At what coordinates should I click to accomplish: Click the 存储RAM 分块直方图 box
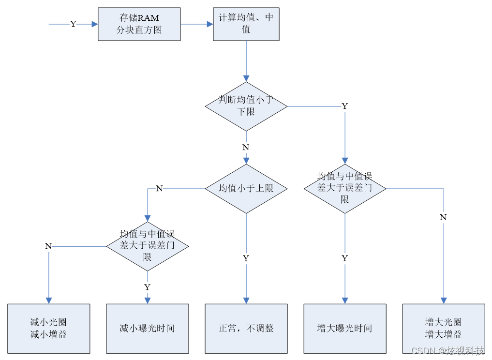[139, 24]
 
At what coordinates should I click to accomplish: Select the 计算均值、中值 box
[246, 24]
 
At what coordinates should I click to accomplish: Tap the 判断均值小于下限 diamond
[246, 106]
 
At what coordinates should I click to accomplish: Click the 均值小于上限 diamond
[246, 189]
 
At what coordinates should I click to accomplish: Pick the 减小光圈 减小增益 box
[49, 329]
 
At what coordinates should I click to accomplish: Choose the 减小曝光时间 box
[148, 329]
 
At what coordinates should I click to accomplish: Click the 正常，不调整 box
[246, 329]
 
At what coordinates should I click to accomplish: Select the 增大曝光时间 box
[345, 329]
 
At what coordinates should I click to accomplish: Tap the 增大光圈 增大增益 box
[444, 329]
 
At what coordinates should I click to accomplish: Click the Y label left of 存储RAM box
[73, 24]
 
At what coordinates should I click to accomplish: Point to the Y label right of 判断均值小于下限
[345, 106]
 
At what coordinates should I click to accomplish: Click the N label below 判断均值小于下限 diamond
[246, 147]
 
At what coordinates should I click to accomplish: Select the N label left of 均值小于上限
[159, 188]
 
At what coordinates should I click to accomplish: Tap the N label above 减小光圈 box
[48, 246]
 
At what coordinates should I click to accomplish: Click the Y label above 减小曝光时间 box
[147, 287]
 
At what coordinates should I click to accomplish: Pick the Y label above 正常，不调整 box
[246, 258]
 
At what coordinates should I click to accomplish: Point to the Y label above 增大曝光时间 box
[345, 258]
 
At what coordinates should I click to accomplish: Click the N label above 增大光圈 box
[443, 217]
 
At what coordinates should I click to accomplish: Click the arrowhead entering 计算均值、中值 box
[210, 24]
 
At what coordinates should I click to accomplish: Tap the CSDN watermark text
[448, 351]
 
